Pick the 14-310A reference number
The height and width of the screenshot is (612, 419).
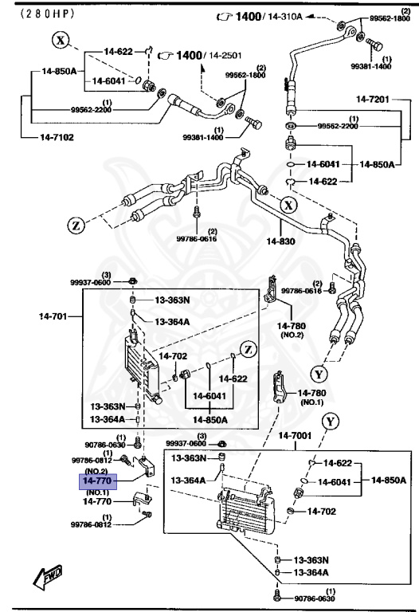coord(288,16)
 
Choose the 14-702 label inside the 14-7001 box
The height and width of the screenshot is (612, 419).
coord(323,511)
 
